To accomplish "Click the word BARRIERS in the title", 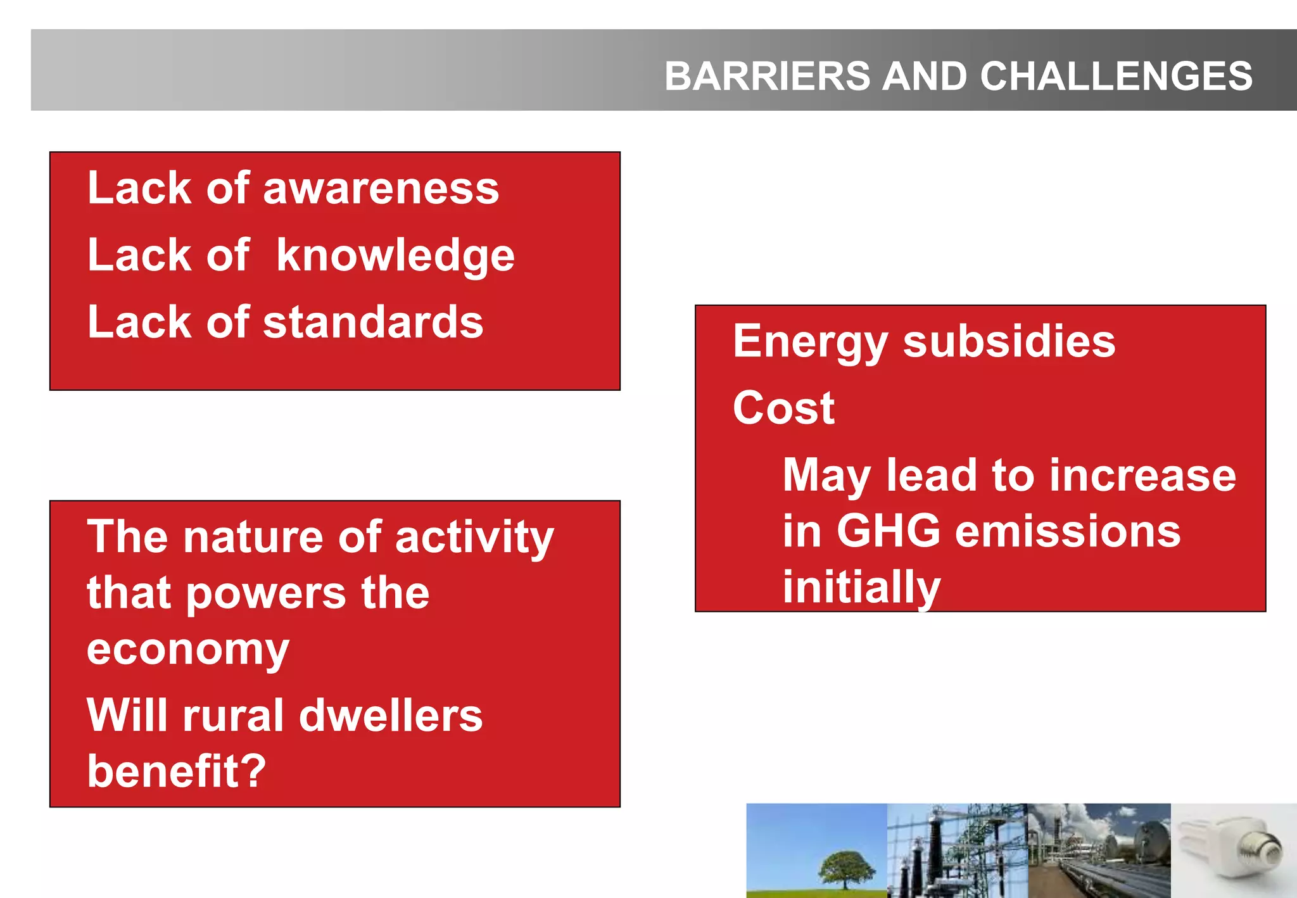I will (x=768, y=76).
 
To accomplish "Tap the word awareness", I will (x=381, y=189).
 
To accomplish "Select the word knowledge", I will (x=395, y=256).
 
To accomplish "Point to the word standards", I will (x=373, y=322).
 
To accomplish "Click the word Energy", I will (x=810, y=343).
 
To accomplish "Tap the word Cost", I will (x=783, y=408).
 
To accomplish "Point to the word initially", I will (x=861, y=587).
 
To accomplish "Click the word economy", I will (x=188, y=650).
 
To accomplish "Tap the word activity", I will (x=474, y=538).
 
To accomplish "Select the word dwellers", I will (x=390, y=716).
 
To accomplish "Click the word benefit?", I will (x=176, y=771).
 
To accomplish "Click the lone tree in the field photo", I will (x=847, y=868).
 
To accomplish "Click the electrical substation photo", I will (x=956, y=851).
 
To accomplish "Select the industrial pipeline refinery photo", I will (x=1099, y=851).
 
